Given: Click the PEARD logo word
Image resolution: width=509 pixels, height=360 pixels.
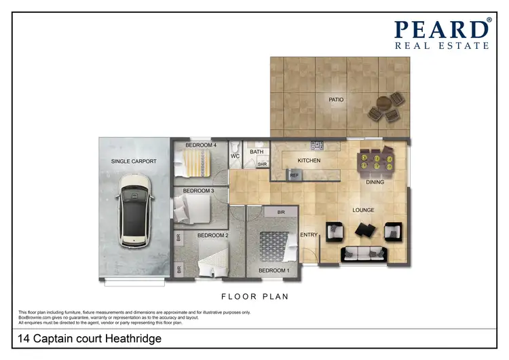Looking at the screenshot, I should [442, 29].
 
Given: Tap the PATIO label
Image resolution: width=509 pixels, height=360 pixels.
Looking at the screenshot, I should [335, 100].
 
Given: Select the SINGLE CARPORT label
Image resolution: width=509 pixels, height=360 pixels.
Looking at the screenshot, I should [134, 161].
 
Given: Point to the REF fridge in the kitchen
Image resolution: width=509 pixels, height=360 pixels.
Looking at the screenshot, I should [294, 175].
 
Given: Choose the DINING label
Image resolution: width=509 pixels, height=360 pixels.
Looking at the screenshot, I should [375, 182].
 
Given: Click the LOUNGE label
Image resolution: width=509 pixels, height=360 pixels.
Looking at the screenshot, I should [363, 210].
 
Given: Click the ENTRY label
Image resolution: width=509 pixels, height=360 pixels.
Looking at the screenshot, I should [309, 235].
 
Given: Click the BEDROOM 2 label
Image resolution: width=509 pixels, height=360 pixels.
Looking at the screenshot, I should [212, 235].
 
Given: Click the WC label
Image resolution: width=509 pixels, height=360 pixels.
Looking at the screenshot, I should [235, 156].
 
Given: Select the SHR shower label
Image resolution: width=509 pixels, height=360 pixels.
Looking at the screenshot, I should [263, 164].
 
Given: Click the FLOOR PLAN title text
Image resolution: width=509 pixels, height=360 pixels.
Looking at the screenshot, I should [255, 297].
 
